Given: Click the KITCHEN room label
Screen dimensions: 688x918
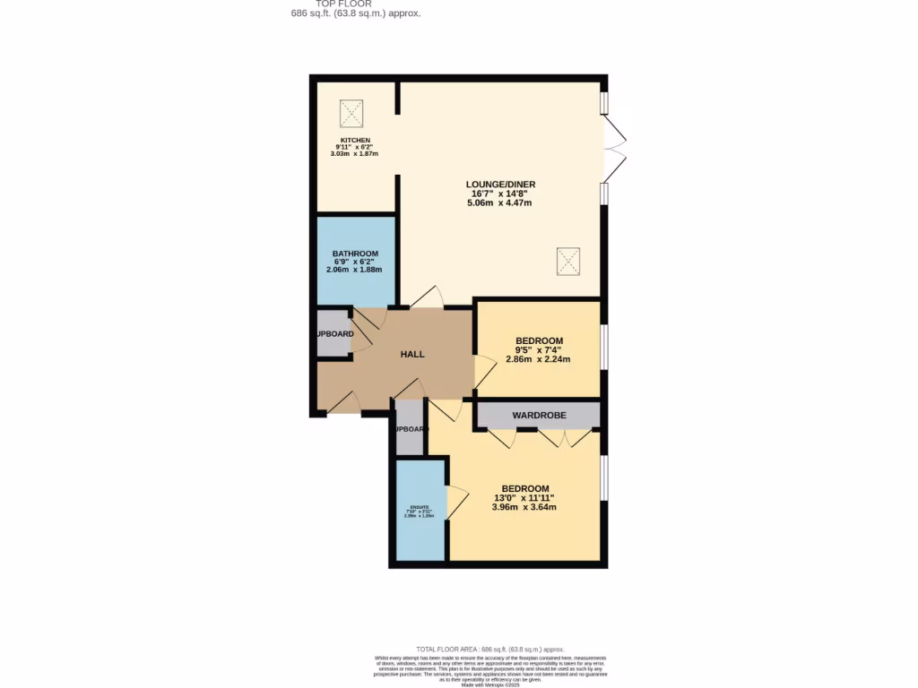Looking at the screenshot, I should click(x=354, y=141).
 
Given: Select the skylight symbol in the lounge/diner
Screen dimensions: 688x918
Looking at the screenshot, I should click(x=567, y=262).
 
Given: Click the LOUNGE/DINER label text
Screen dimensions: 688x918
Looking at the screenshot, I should click(x=499, y=185).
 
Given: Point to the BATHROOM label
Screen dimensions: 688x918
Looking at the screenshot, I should click(x=355, y=254).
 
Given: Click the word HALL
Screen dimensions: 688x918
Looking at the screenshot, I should click(x=412, y=355).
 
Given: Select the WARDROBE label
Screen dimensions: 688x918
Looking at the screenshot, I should click(x=537, y=416).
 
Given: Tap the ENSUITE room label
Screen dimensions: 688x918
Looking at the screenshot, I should click(x=420, y=507).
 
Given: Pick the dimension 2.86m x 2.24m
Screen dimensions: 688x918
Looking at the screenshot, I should click(x=538, y=359).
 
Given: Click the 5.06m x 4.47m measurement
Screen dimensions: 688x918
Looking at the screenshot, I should click(x=499, y=202).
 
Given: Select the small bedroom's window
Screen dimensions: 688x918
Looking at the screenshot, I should click(x=604, y=348).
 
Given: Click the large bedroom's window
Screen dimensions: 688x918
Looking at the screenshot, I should click(x=604, y=478).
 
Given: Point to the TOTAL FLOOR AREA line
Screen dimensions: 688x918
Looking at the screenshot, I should click(x=490, y=649).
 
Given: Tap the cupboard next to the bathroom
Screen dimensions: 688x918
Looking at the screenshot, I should click(x=334, y=333).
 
